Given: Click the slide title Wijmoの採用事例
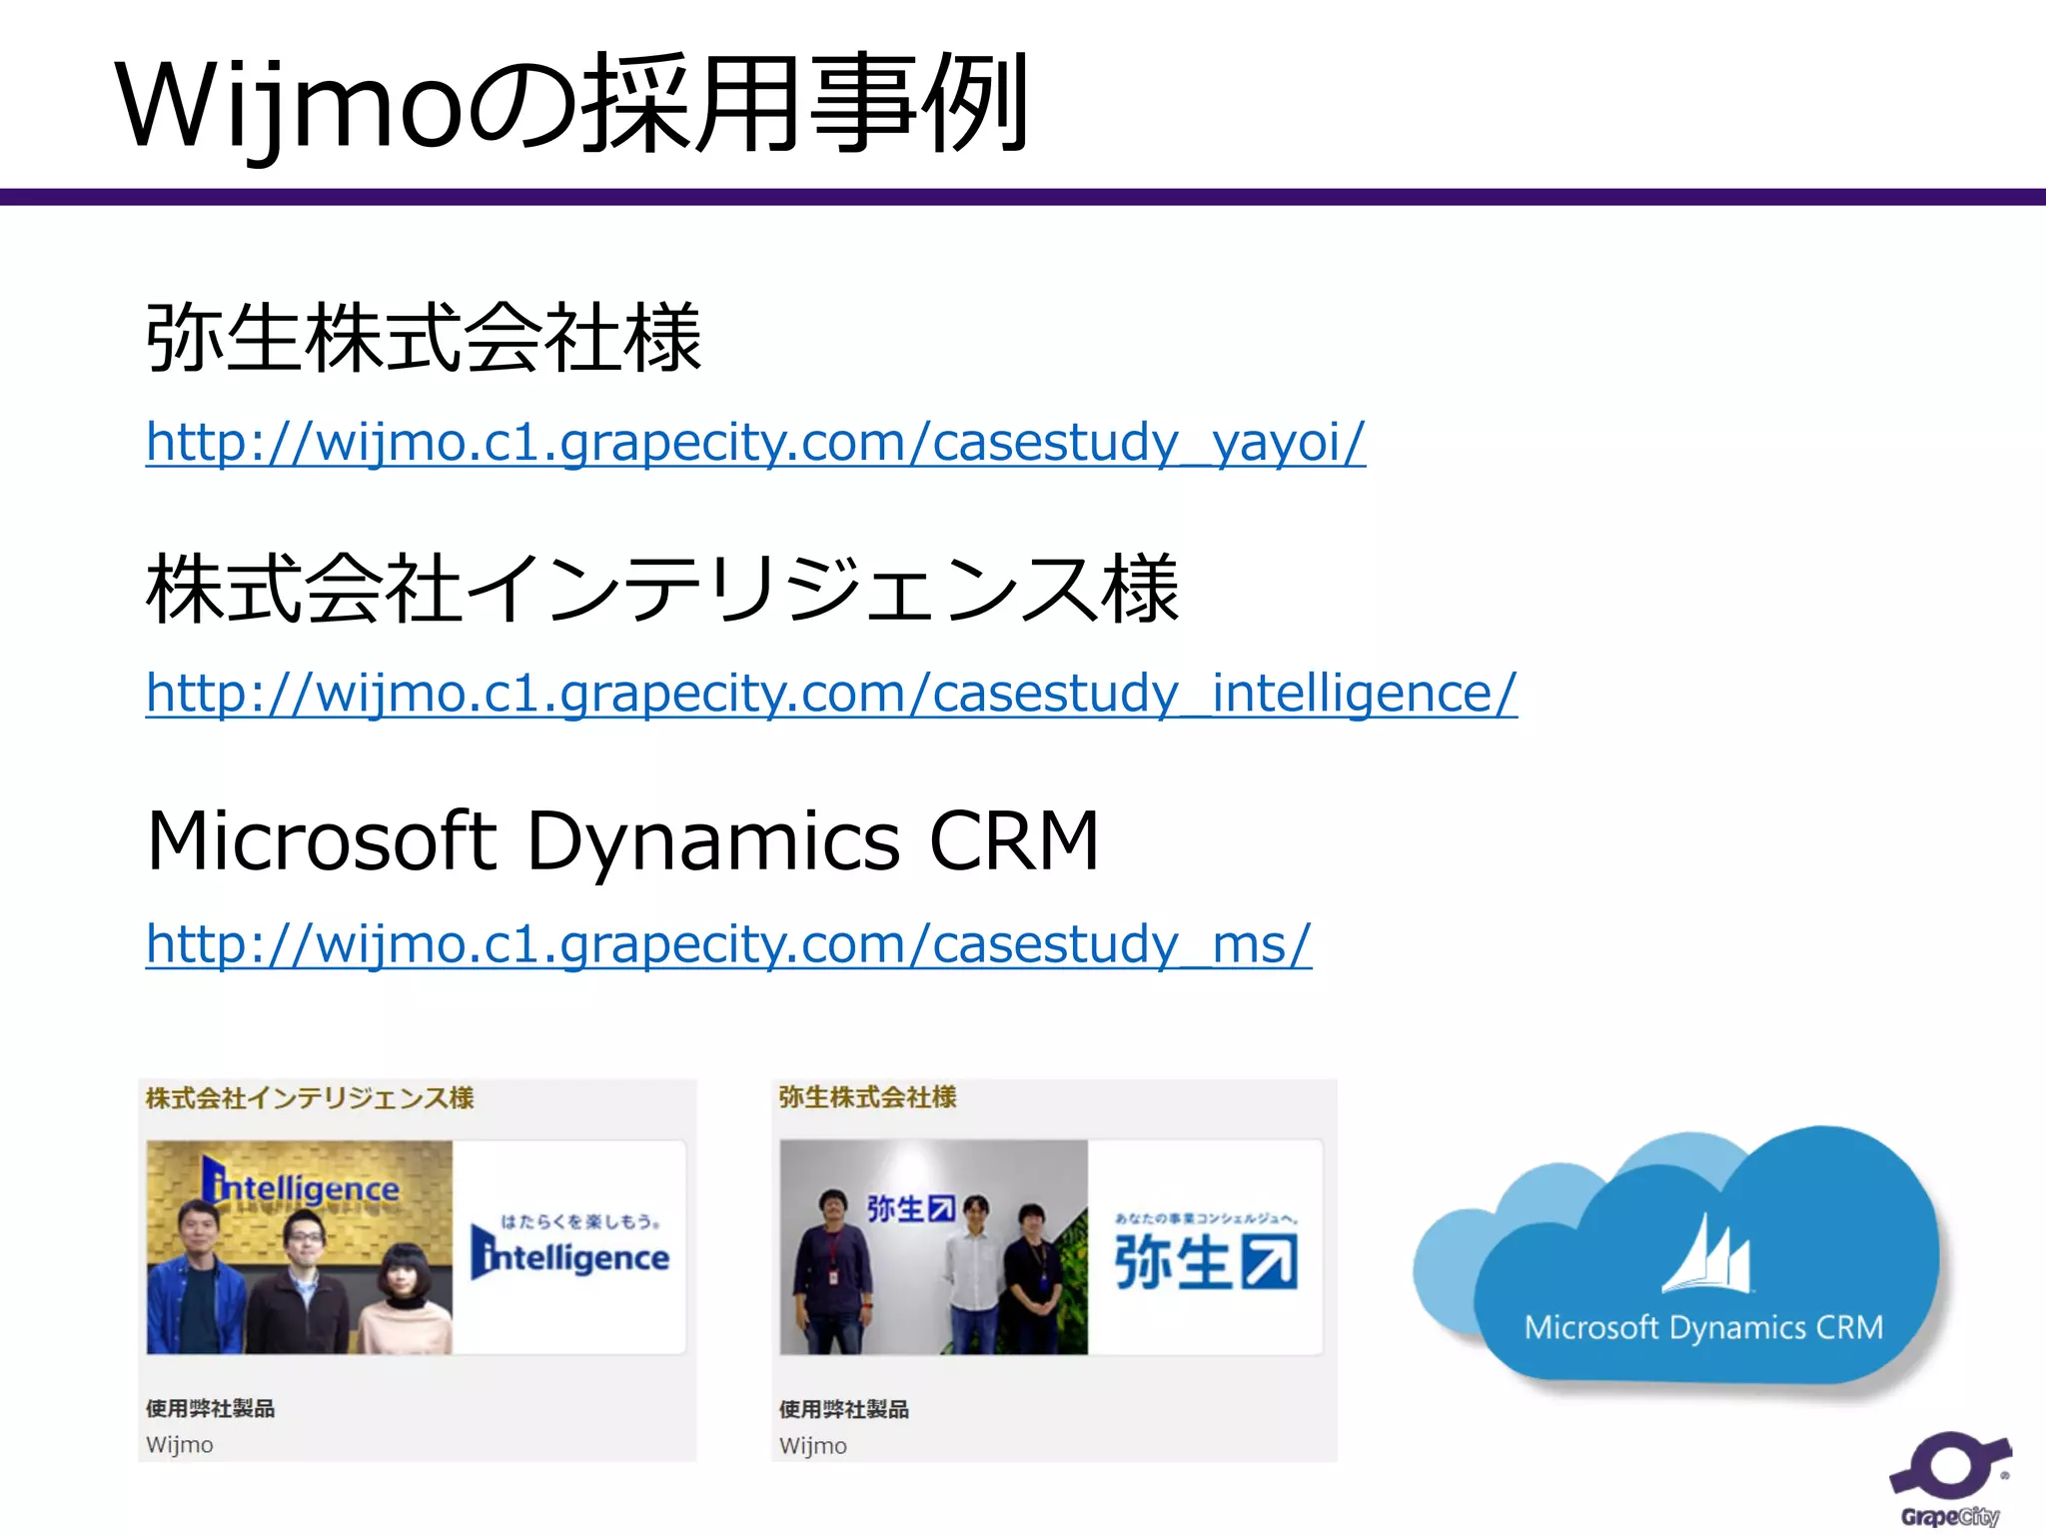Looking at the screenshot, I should point(571,105).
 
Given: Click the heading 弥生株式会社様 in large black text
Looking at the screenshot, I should point(424,339).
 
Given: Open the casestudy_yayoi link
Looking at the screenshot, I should point(755,443).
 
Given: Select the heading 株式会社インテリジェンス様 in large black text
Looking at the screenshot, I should point(661,590).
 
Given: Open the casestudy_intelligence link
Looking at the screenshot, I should point(831,694).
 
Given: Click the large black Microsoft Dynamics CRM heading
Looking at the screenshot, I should point(622,841).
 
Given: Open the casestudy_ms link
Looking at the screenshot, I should point(728,944).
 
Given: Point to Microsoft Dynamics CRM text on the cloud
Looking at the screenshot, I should point(1703,1328).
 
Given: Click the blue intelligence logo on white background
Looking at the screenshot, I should point(570,1255).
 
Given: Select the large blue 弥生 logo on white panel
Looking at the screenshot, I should point(1206,1261).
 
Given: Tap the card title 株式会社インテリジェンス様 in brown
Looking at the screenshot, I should point(310,1098).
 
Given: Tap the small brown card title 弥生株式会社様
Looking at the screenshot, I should point(867,1097).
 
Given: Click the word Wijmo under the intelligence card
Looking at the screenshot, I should point(180,1445).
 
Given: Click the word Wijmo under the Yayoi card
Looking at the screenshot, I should point(813,1446).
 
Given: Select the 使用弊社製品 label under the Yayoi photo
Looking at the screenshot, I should point(844,1409).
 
